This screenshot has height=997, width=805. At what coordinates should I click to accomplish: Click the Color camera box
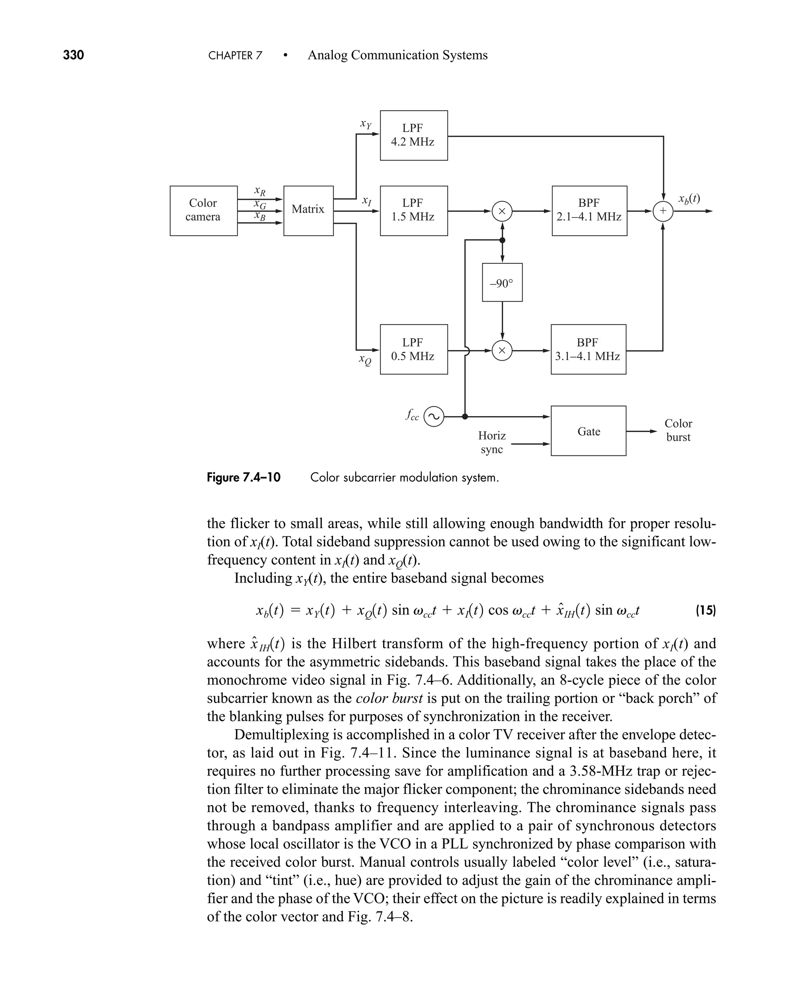(x=204, y=211)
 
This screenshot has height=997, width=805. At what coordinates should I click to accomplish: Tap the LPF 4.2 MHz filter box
(x=414, y=135)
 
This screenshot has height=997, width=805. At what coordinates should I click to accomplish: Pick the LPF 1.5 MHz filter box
(x=414, y=211)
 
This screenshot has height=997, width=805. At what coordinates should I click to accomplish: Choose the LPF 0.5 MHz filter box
(x=414, y=349)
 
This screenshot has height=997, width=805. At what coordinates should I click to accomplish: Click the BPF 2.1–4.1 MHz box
(x=589, y=211)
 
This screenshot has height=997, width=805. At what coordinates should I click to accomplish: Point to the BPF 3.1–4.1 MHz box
(x=588, y=349)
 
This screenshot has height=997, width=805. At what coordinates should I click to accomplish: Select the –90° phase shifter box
(x=502, y=282)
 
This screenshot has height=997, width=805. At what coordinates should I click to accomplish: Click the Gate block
(x=588, y=431)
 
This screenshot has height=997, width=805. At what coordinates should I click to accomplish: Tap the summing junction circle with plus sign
(x=663, y=211)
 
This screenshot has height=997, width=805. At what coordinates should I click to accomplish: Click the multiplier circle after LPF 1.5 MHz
(x=502, y=211)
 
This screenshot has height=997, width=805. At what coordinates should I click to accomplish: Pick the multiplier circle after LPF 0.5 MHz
(x=502, y=351)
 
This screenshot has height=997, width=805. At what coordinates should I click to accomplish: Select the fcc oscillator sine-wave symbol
(x=434, y=416)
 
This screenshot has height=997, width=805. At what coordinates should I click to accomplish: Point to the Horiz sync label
(x=492, y=442)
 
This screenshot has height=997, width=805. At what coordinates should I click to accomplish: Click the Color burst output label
(x=678, y=430)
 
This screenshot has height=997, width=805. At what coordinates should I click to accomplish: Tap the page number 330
(x=73, y=55)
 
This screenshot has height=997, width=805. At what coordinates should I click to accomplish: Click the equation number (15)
(x=705, y=610)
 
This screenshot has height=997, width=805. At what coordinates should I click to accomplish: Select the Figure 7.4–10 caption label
(x=243, y=477)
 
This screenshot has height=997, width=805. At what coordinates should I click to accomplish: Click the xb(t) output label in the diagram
(x=689, y=199)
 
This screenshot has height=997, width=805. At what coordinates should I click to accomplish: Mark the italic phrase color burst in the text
(x=389, y=698)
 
